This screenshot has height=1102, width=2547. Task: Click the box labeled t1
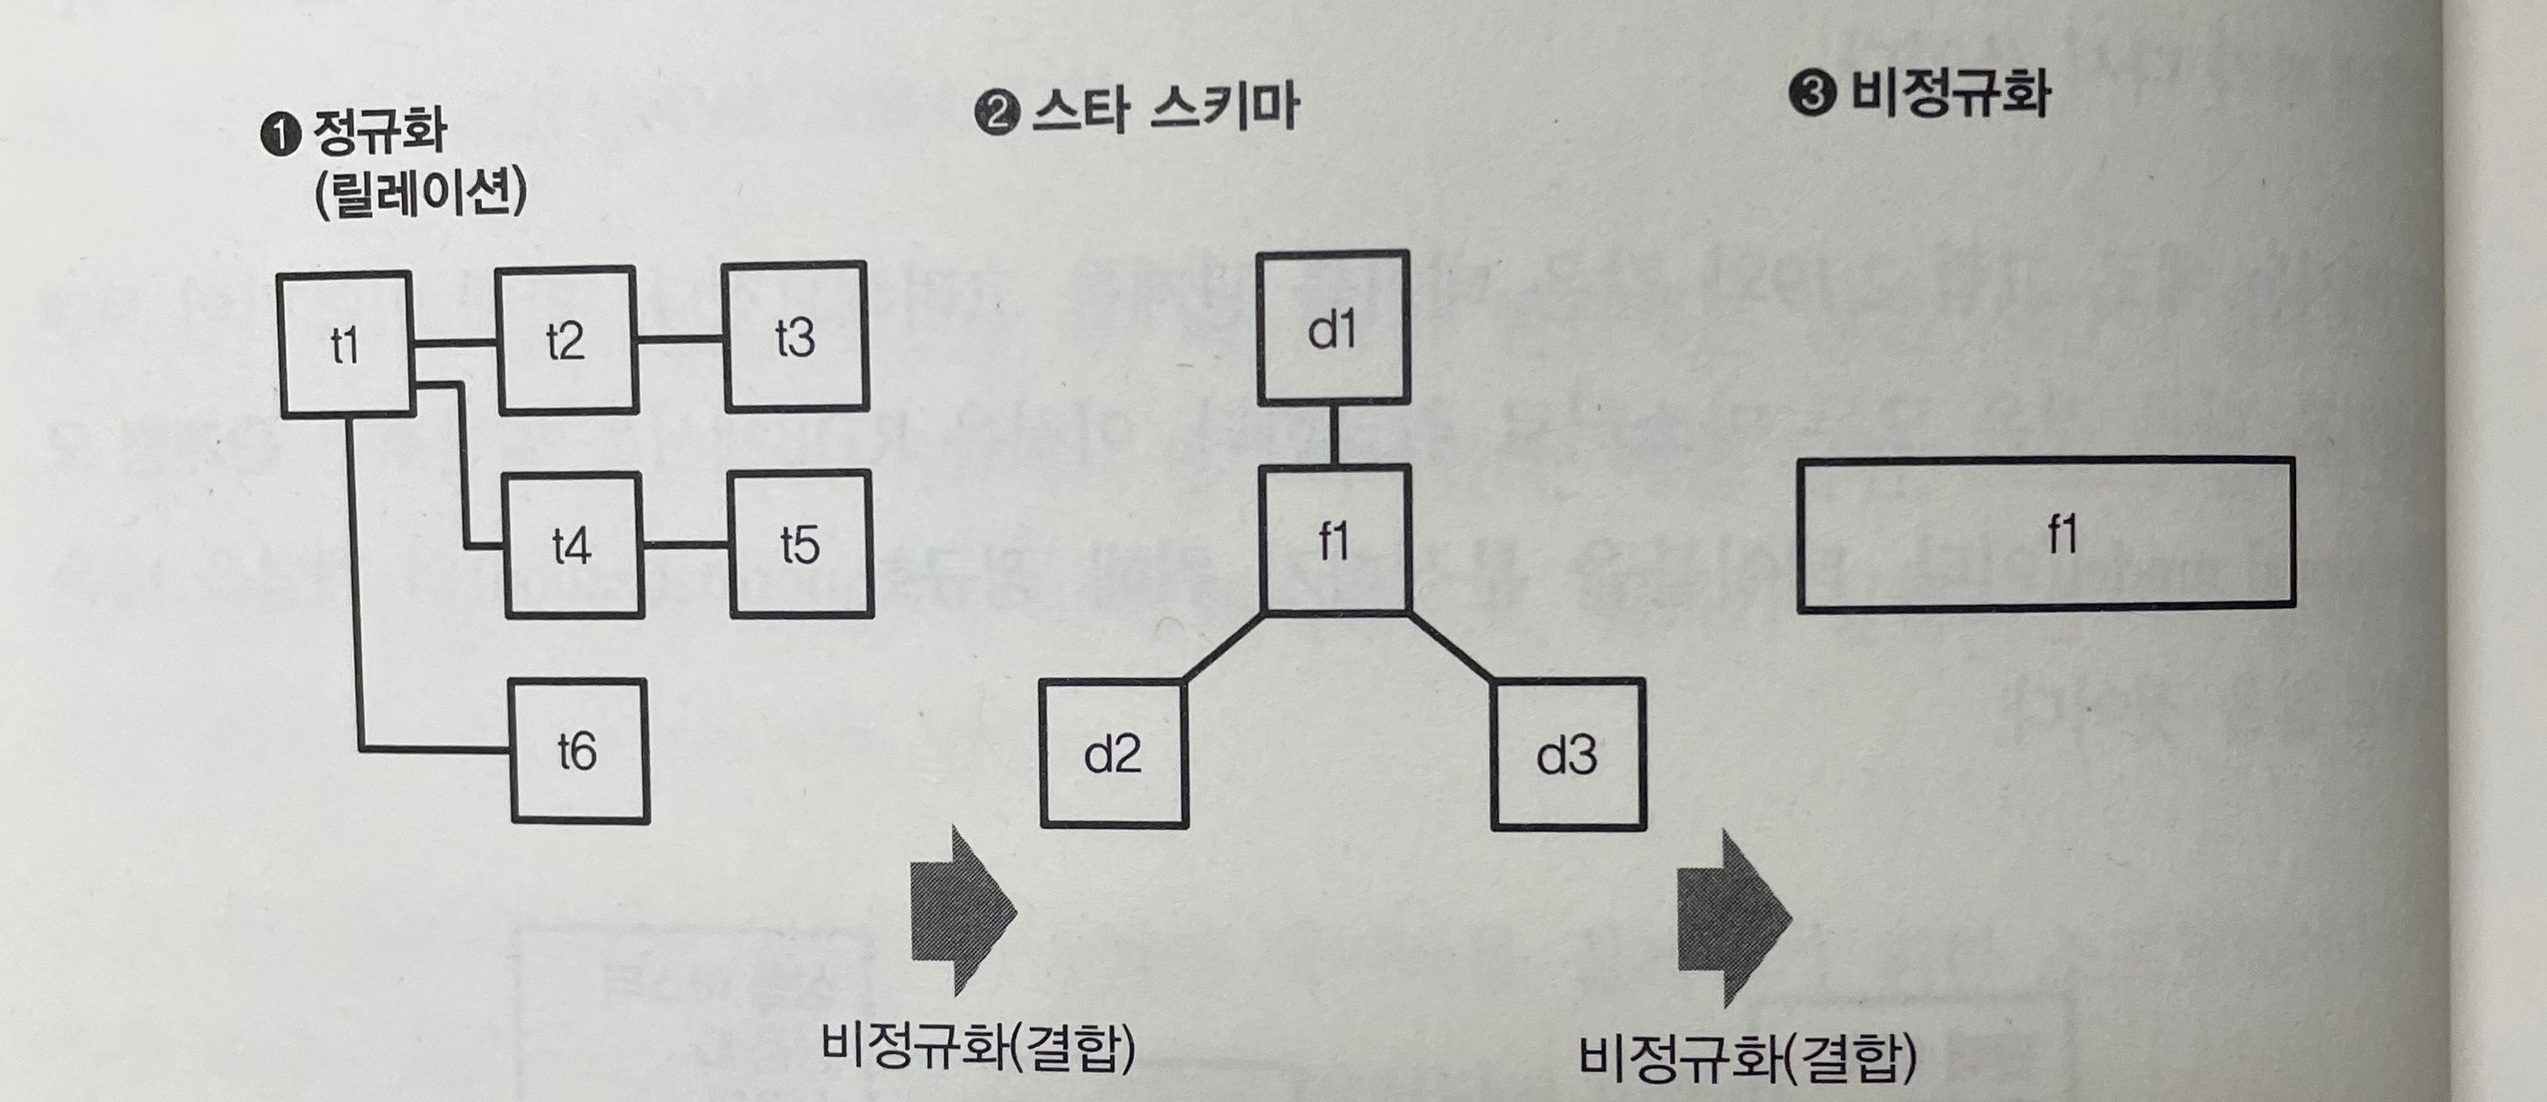345,344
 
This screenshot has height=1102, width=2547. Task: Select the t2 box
565,340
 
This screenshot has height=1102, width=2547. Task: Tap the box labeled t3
795,336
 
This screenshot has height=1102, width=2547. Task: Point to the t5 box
800,543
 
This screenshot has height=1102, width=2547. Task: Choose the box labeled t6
579,752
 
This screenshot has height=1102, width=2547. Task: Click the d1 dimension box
1333,328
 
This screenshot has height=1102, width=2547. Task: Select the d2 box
1113,754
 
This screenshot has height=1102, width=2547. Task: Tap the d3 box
1567,754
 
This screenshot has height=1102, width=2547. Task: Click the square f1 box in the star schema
1334,540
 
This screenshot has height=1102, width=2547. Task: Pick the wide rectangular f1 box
2045,533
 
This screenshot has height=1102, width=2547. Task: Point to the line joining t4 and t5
685,544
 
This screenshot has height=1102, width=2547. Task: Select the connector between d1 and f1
1333,434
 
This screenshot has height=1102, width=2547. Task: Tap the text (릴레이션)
420,194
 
